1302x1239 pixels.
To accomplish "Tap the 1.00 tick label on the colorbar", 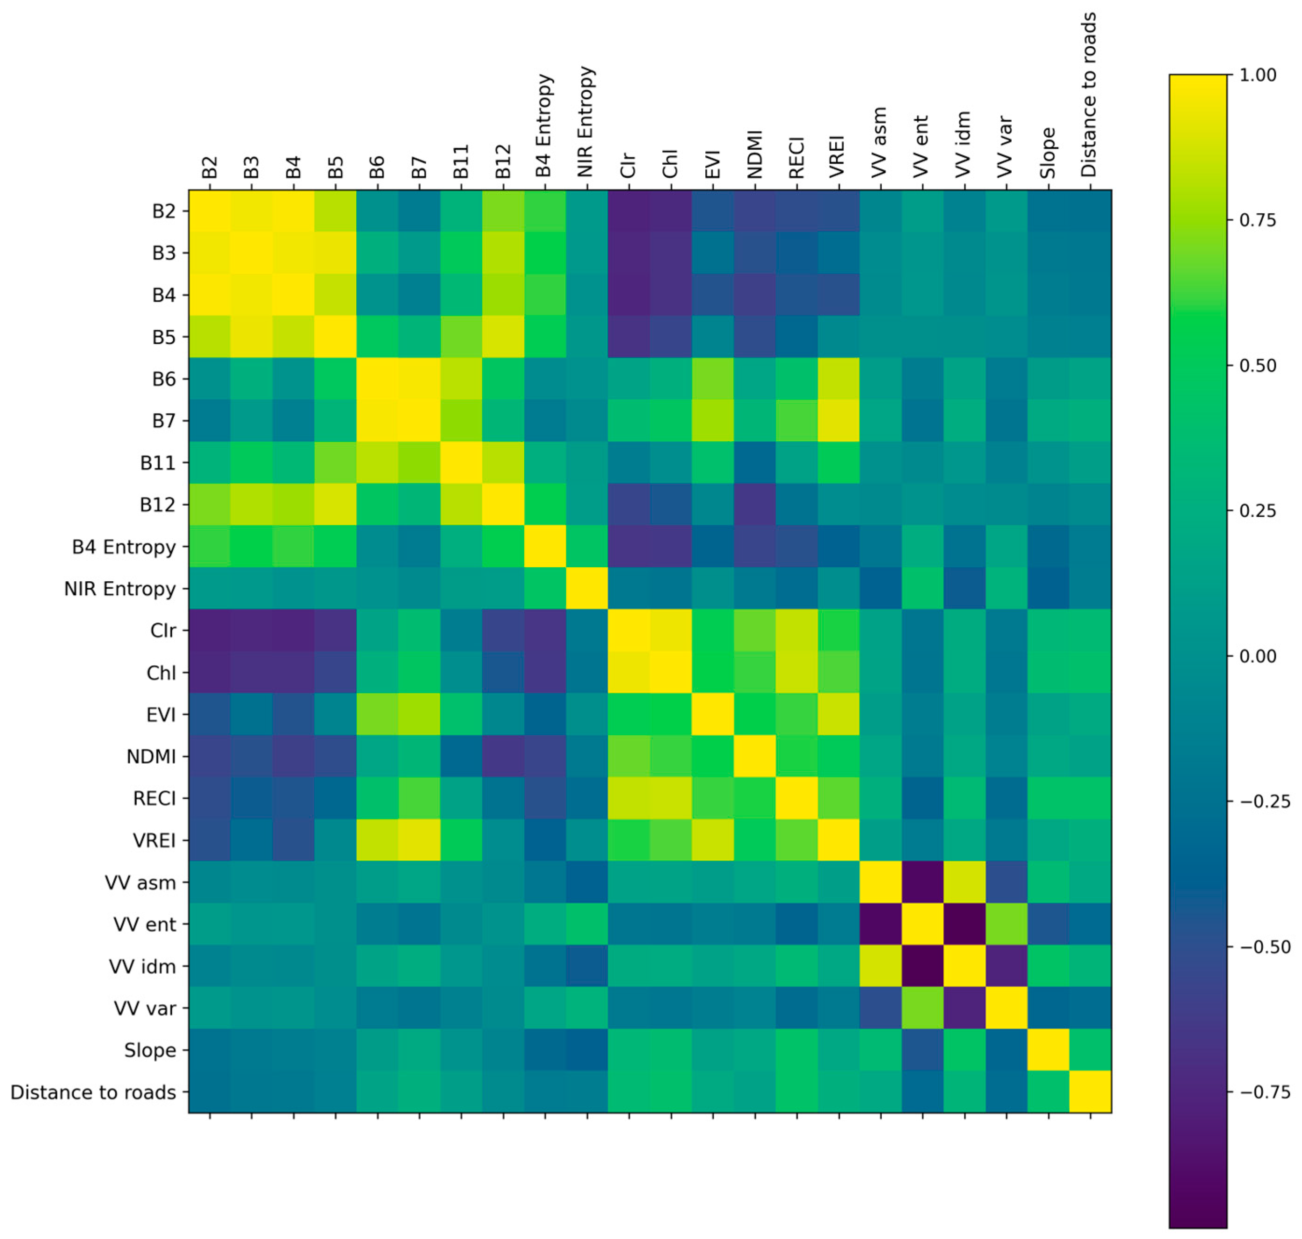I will [x=1257, y=75].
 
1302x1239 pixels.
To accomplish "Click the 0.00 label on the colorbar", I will [x=1257, y=656].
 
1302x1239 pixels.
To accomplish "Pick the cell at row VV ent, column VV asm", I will [x=880, y=924].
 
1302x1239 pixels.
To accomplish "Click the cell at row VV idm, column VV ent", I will [x=923, y=966].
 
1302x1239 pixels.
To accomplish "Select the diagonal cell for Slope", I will [x=1049, y=1050].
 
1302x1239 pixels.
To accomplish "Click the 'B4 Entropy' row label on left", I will [x=124, y=547].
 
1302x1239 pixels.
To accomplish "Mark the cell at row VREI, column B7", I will [x=420, y=840].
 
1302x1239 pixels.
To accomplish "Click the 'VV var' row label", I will [x=145, y=1008].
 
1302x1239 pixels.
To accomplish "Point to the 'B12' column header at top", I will [x=503, y=161].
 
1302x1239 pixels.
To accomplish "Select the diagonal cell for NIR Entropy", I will [x=587, y=589].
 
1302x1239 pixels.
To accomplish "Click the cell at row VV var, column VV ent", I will [x=923, y=1008].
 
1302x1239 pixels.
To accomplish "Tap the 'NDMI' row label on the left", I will [x=151, y=756].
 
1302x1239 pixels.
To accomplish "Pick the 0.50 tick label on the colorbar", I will [x=1257, y=365].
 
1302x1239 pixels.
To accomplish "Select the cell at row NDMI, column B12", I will [x=503, y=756].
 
